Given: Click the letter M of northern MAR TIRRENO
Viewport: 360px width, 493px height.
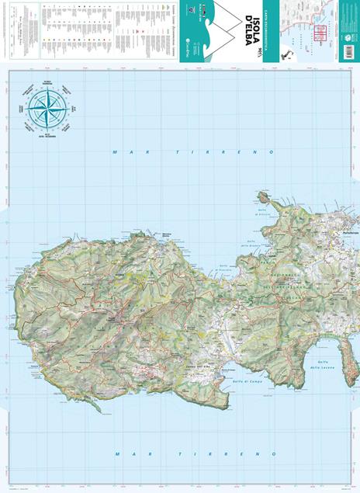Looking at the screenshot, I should (115, 152).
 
